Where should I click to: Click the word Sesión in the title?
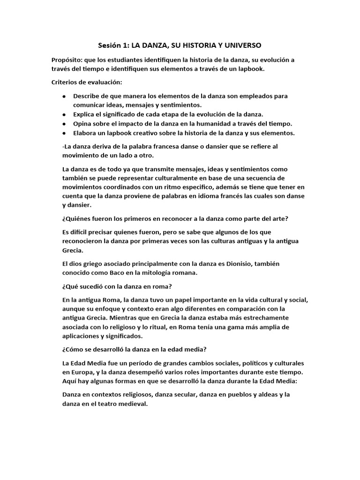109,45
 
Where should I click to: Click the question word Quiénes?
84,218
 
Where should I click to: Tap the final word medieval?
133,404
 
